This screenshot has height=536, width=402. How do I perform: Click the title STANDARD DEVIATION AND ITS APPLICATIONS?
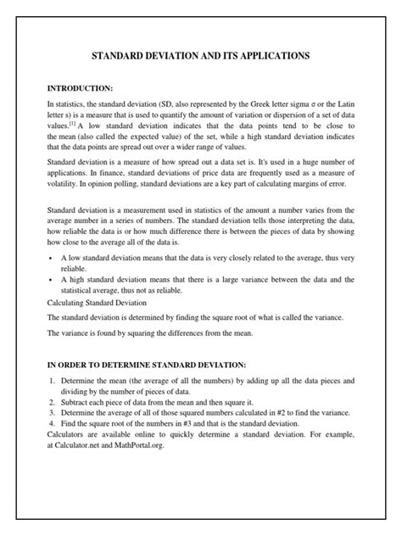pyautogui.click(x=200, y=56)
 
